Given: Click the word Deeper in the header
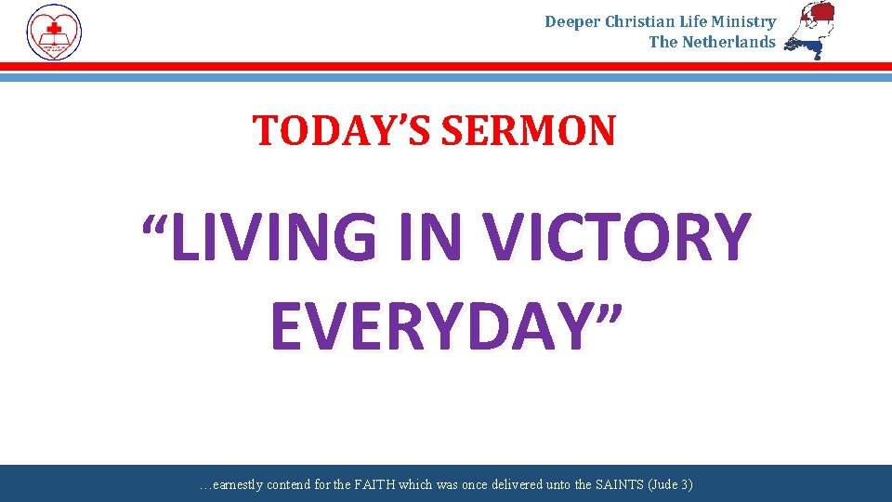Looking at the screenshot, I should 572,21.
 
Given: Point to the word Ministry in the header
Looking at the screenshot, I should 744,21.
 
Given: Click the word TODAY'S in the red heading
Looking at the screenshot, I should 343,131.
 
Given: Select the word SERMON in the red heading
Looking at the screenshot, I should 528,131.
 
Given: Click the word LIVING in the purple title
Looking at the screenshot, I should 275,238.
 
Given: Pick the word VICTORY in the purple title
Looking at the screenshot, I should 617,238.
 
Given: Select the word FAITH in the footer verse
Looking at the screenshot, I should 374,485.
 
